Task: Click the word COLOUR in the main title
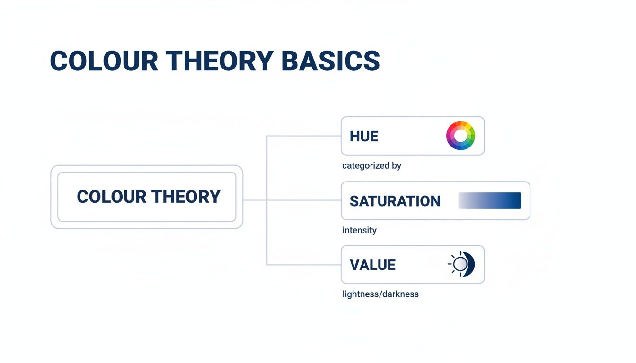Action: click(x=104, y=61)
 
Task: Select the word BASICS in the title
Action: click(x=330, y=61)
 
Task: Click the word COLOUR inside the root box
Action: click(x=111, y=197)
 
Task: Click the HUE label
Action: click(x=364, y=137)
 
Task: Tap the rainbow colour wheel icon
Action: click(x=460, y=136)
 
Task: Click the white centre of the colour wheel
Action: click(x=460, y=136)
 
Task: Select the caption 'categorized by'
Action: click(x=371, y=166)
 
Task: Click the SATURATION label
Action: click(x=395, y=201)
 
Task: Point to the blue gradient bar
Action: click(x=490, y=200)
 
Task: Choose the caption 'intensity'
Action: click(x=359, y=230)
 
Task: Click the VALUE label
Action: click(x=372, y=265)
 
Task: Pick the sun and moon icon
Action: click(x=461, y=264)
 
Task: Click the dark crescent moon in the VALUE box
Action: click(x=470, y=264)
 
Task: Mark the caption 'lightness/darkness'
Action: click(x=380, y=294)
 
